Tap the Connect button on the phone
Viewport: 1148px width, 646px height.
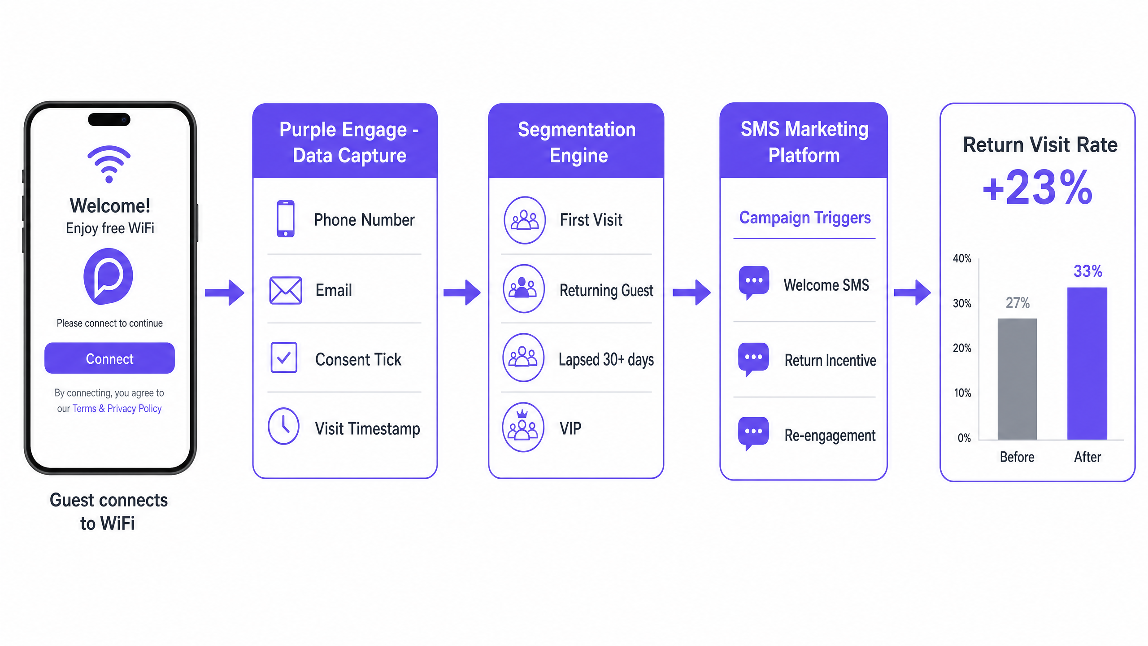pos(109,358)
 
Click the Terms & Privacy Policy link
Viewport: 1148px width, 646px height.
pos(117,409)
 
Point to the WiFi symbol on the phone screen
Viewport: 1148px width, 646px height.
pos(109,164)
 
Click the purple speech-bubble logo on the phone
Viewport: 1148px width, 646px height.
pos(108,276)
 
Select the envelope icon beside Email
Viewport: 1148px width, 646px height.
pos(286,290)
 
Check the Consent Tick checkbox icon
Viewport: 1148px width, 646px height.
pos(284,358)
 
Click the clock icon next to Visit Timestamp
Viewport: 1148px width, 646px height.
pos(283,426)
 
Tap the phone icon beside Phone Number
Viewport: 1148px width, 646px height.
pos(286,218)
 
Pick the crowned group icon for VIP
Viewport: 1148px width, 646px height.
pos(523,427)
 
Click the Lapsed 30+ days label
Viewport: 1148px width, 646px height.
pos(606,359)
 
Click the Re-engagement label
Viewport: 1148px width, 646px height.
pos(830,435)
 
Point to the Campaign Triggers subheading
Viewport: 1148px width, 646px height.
pos(805,218)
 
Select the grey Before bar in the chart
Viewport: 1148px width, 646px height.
pos(1017,379)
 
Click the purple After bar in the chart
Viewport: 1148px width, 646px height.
pos(1087,363)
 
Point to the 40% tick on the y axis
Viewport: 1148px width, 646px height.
pos(962,258)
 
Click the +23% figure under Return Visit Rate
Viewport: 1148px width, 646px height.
pos(1037,188)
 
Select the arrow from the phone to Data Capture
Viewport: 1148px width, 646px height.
pos(225,292)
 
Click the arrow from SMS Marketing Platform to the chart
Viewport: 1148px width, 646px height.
pos(912,292)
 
